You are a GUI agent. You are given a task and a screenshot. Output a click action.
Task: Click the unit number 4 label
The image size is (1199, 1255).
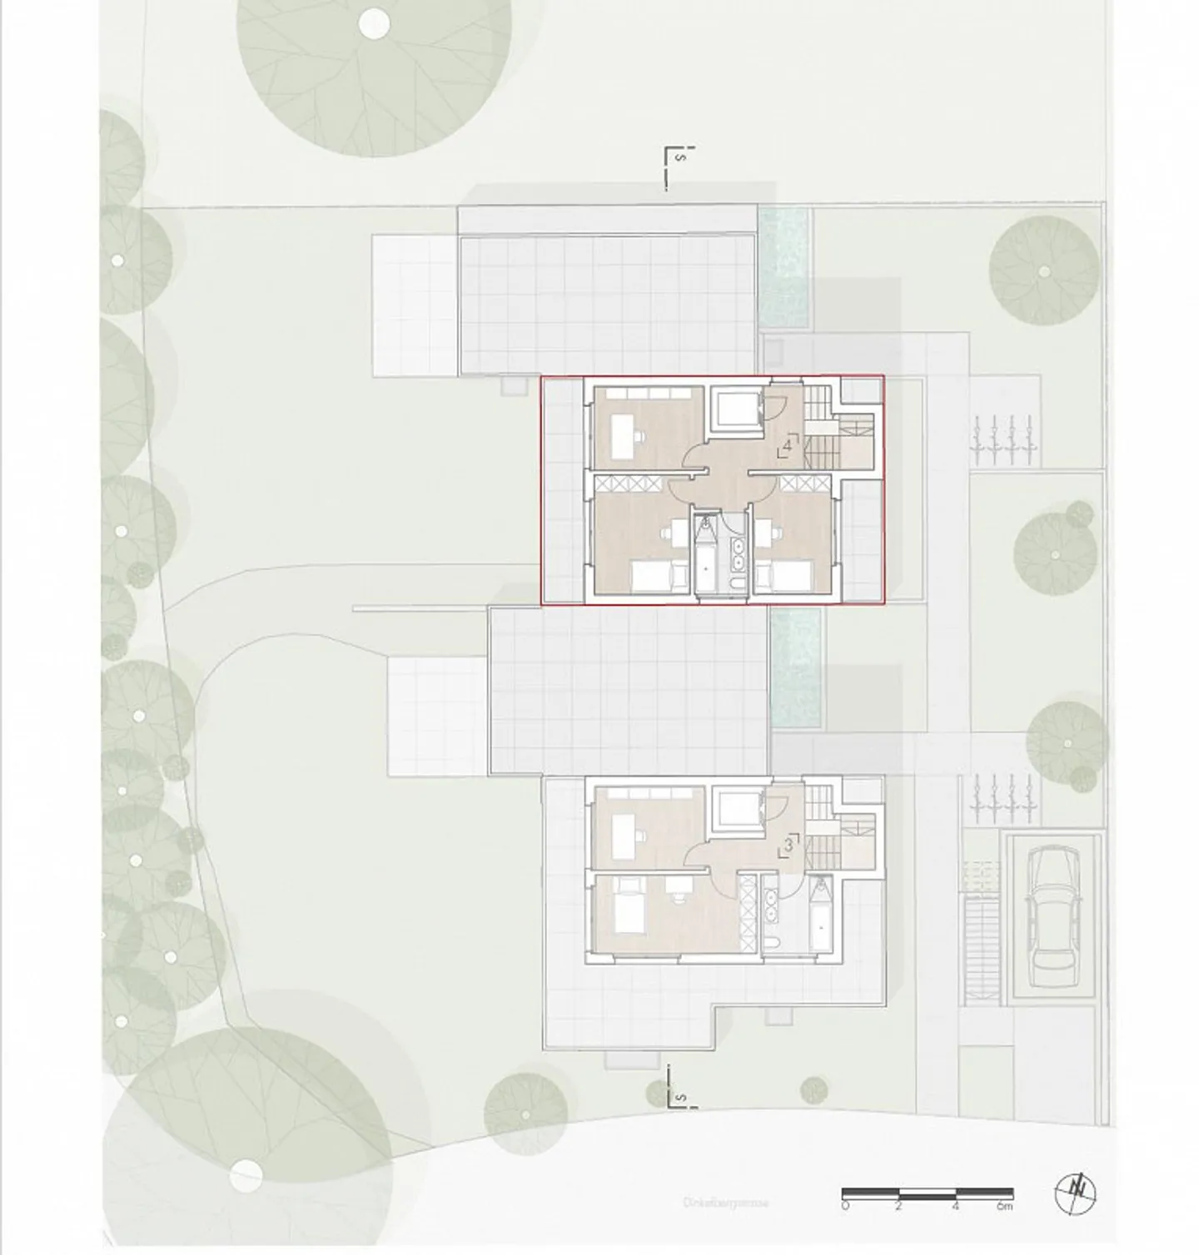tap(787, 444)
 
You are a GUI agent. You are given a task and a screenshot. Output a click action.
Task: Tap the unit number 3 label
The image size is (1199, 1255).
tap(788, 846)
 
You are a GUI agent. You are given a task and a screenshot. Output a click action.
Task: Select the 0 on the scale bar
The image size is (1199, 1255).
tap(845, 1206)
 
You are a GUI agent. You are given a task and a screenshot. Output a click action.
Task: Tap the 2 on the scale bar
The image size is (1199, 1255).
tap(899, 1206)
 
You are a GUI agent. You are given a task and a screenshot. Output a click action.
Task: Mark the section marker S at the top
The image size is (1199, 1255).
tap(680, 157)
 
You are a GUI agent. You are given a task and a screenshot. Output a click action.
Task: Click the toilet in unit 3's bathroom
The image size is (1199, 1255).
tap(771, 945)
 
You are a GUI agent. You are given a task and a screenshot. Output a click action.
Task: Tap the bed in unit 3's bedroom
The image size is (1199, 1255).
tap(626, 910)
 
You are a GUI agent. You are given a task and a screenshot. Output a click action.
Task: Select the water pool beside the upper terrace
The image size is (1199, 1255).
tap(784, 266)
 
